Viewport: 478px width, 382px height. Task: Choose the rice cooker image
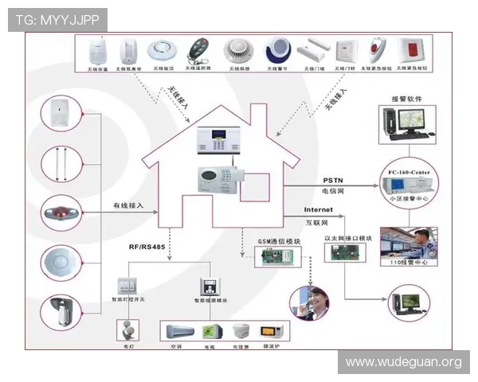coord(241,331)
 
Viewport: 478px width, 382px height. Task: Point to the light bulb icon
coord(127,329)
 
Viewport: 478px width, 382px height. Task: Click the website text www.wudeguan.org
coord(403,363)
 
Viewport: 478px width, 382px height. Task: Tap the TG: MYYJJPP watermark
coord(57,20)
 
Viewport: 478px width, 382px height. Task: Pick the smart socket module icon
coord(210,287)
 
